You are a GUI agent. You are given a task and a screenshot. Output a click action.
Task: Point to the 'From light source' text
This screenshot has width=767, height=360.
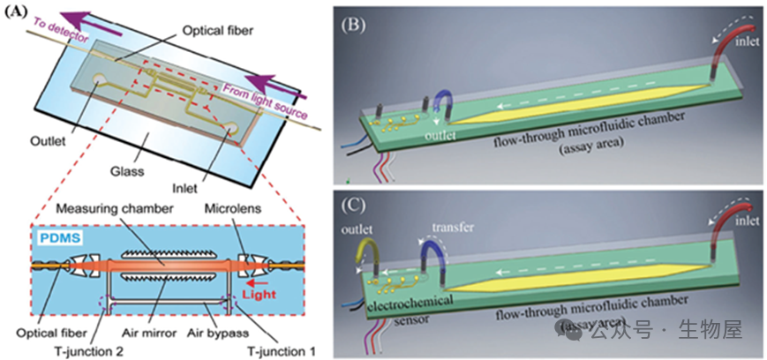click(x=266, y=100)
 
